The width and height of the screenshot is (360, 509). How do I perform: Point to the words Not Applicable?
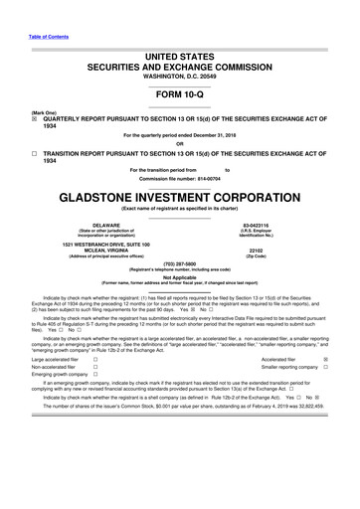click(x=180, y=277)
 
